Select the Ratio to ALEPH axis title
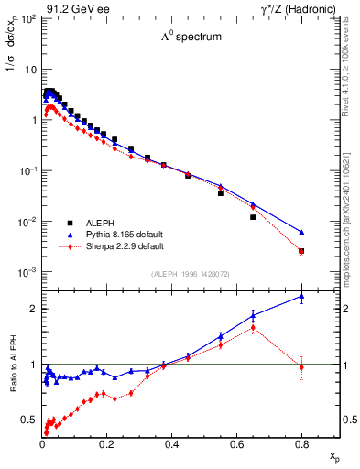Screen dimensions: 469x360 (14, 365)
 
